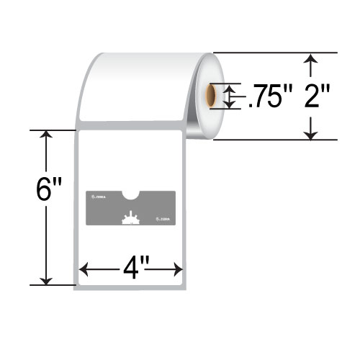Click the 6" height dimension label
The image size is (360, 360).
[x=49, y=191]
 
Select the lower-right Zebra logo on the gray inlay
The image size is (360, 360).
[x=164, y=219]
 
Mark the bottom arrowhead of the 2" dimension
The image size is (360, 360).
[x=311, y=132]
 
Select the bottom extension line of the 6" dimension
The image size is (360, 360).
[x=53, y=286]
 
